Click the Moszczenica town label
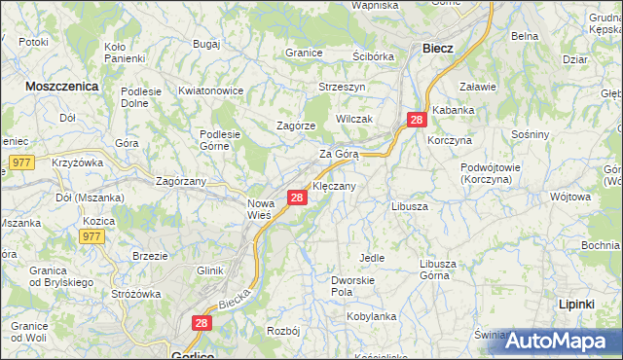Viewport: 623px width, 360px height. click(x=63, y=86)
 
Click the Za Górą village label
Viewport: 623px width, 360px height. click(x=341, y=154)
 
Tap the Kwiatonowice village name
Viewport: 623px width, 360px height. click(x=210, y=90)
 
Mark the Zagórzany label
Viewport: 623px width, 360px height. click(x=182, y=181)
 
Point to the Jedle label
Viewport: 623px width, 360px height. click(x=372, y=258)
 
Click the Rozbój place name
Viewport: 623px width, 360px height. click(x=281, y=332)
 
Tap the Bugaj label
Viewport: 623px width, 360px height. click(x=206, y=45)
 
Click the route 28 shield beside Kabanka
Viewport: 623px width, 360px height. click(x=417, y=120)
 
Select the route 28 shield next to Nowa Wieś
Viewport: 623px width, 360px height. click(x=298, y=198)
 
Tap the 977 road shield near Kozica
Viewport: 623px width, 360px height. click(x=93, y=236)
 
